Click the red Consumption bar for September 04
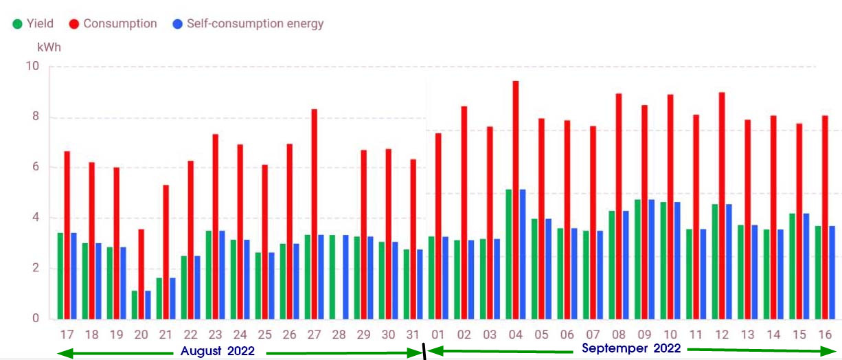click(516, 199)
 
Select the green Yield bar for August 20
click(135, 305)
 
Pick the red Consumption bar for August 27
click(314, 214)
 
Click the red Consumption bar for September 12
click(722, 205)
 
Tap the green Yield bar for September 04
click(509, 254)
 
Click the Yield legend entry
click(32, 24)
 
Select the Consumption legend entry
click(113, 24)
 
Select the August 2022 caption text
click(217, 351)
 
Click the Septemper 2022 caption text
click(631, 349)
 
